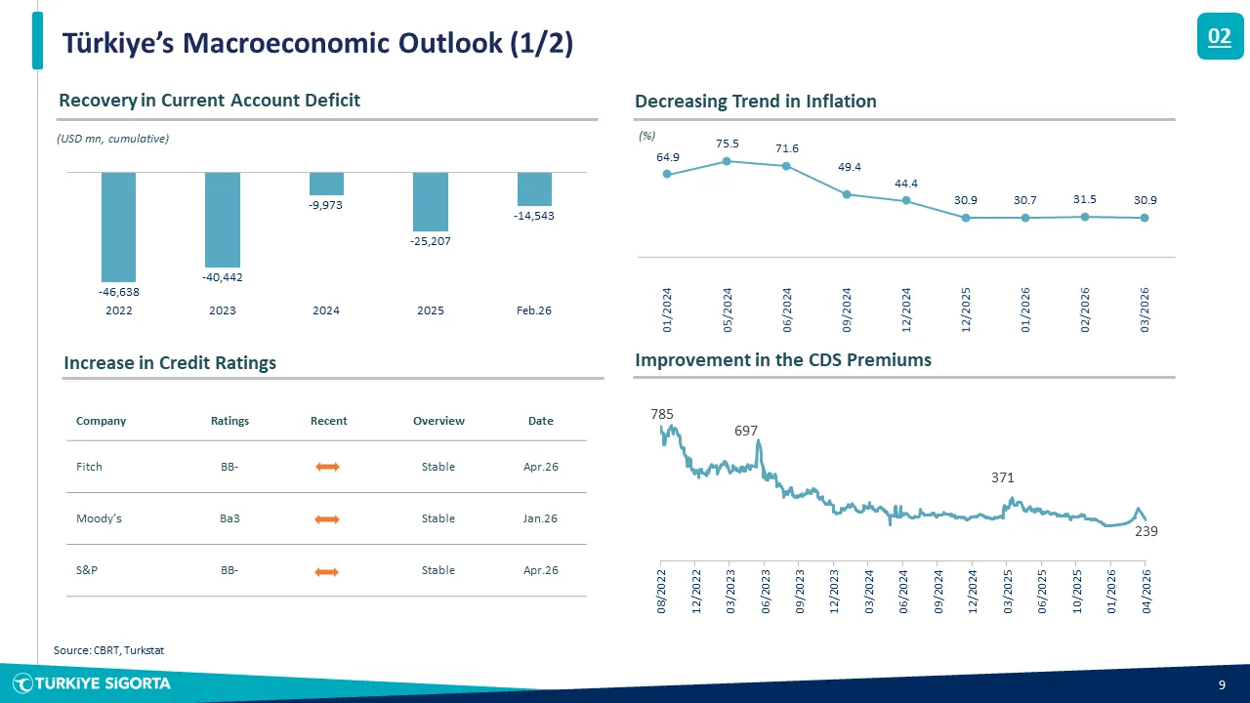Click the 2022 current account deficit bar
click(118, 227)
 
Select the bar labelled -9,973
click(326, 184)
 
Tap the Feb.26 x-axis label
click(534, 310)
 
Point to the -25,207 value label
click(431, 240)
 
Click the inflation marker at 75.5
click(727, 162)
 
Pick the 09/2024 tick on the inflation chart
click(847, 308)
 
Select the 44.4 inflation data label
click(906, 184)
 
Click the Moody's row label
click(99, 518)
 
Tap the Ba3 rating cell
click(230, 518)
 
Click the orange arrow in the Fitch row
click(327, 468)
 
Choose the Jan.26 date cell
click(540, 518)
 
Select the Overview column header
click(438, 421)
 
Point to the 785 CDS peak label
click(662, 414)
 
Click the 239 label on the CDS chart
click(1146, 532)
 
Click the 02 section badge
click(1220, 37)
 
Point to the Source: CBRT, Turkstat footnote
click(108, 649)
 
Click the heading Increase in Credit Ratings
click(170, 363)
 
